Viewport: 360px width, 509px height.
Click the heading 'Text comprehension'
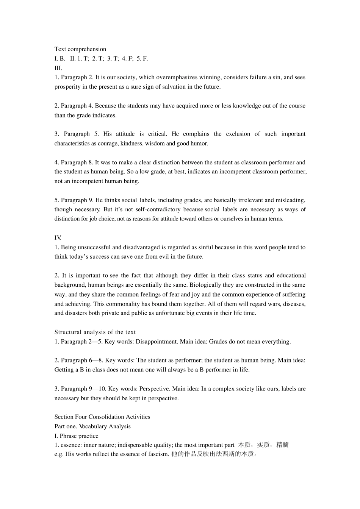click(80, 49)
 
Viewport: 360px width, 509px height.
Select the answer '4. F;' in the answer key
click(127, 58)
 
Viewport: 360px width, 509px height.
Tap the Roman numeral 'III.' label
click(58, 68)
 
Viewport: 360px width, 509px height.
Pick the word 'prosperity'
click(67, 87)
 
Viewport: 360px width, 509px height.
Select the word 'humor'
click(200, 144)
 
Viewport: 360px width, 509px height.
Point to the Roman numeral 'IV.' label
click(58, 238)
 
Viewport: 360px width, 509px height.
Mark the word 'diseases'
click(294, 304)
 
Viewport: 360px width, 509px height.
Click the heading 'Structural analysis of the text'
click(95, 332)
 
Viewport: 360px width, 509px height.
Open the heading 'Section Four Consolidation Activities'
click(102, 417)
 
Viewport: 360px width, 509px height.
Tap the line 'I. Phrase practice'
click(76, 436)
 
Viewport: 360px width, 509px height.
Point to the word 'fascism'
click(158, 454)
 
